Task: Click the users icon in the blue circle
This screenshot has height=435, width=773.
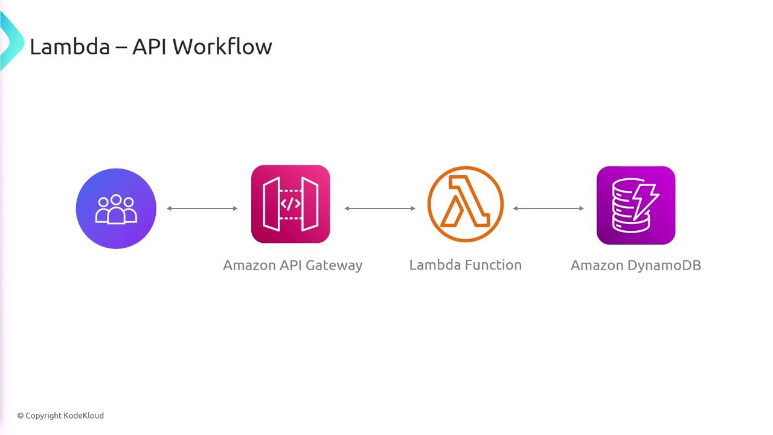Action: (x=116, y=208)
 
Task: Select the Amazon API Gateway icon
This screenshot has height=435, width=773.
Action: (x=290, y=204)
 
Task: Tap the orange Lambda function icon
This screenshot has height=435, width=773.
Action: (x=465, y=204)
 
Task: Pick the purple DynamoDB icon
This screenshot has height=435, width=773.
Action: (x=635, y=205)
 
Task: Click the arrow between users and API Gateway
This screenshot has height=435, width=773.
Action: (x=202, y=208)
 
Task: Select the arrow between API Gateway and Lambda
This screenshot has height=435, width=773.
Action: (x=380, y=208)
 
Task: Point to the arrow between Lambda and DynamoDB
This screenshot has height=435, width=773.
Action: (x=548, y=208)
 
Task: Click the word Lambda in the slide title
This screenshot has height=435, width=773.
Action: (x=69, y=47)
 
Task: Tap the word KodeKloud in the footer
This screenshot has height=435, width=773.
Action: (x=84, y=416)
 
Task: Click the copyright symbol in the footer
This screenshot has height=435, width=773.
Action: (x=21, y=416)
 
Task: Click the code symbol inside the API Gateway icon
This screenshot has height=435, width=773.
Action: (x=290, y=204)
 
